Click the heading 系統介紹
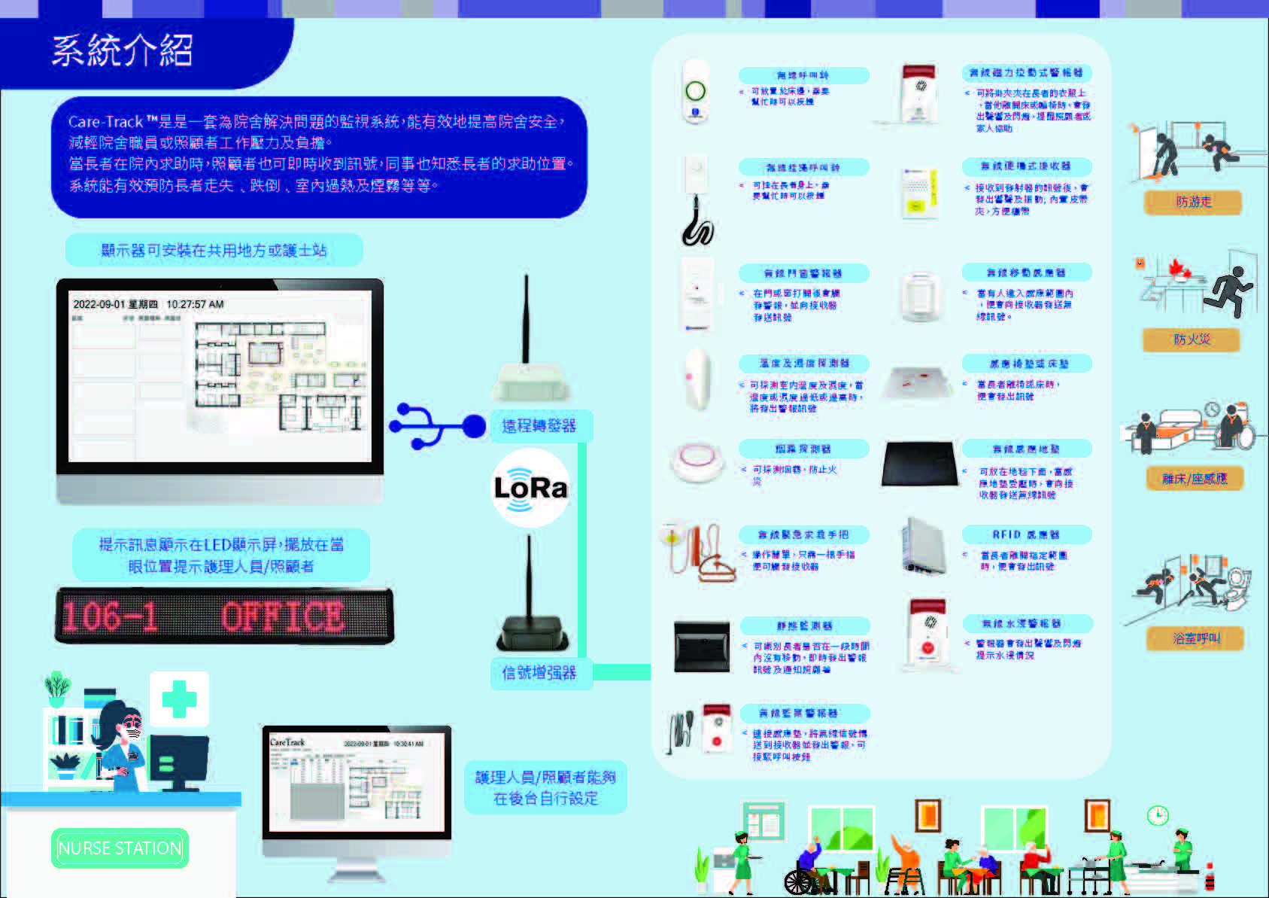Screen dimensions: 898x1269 pyautogui.click(x=122, y=51)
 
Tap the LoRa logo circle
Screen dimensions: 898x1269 pyautogui.click(x=530, y=488)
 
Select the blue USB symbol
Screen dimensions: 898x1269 pyautogui.click(x=436, y=426)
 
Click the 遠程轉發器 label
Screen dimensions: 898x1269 pyautogui.click(x=539, y=426)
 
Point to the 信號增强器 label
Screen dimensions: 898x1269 pyautogui.click(x=539, y=673)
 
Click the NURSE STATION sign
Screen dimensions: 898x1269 pyautogui.click(x=120, y=848)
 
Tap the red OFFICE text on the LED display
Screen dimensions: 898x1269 pyautogui.click(x=282, y=616)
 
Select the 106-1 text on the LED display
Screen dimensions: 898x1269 pyautogui.click(x=110, y=616)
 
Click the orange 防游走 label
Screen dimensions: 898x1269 pyautogui.click(x=1193, y=202)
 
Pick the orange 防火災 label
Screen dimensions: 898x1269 pyautogui.click(x=1192, y=340)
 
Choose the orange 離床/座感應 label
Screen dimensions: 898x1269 pyautogui.click(x=1195, y=479)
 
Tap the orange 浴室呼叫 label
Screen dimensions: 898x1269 pyautogui.click(x=1195, y=638)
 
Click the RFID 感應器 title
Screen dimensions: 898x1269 pyautogui.click(x=1025, y=534)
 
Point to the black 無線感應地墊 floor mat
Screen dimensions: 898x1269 pyautogui.click(x=921, y=464)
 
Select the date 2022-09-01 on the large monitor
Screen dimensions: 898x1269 pyautogui.click(x=99, y=304)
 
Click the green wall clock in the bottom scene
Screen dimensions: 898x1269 pyautogui.click(x=1157, y=815)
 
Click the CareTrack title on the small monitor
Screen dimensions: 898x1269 pyautogui.click(x=287, y=742)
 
